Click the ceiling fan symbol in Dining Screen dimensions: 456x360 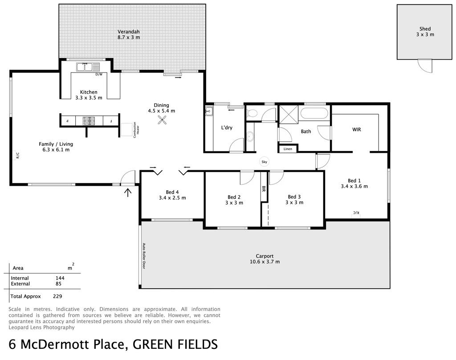(162, 119)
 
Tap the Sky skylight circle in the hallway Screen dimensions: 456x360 (264, 162)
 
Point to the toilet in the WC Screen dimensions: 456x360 (251, 113)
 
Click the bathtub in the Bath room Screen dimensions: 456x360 (314, 113)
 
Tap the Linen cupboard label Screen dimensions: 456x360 (288, 149)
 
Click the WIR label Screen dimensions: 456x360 (357, 130)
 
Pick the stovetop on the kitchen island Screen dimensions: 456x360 (89, 120)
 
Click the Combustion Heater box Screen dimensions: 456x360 (127, 130)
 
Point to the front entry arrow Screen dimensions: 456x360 (128, 192)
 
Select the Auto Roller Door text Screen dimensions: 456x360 (144, 256)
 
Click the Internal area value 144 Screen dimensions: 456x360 (60, 278)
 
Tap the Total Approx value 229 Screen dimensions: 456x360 (57, 296)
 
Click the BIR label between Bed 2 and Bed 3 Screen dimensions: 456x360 (264, 189)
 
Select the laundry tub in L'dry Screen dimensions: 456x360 (209, 111)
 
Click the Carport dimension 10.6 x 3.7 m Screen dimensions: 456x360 (265, 262)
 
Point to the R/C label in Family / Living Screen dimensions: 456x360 (18, 155)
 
